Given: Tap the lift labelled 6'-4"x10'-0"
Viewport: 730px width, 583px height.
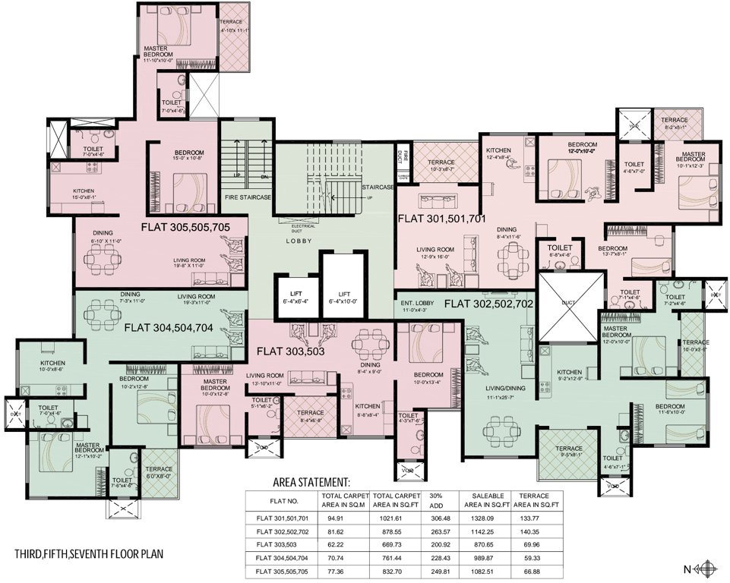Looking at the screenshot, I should pyautogui.click(x=345, y=297).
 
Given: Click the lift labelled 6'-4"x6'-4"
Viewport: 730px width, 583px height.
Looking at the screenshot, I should pyautogui.click(x=298, y=297).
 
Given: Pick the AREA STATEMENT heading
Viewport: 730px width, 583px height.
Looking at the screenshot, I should pyautogui.click(x=311, y=482).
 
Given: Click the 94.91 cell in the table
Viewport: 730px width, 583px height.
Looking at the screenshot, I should pyautogui.click(x=334, y=518).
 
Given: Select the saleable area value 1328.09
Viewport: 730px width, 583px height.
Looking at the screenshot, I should pyautogui.click(x=493, y=518).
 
